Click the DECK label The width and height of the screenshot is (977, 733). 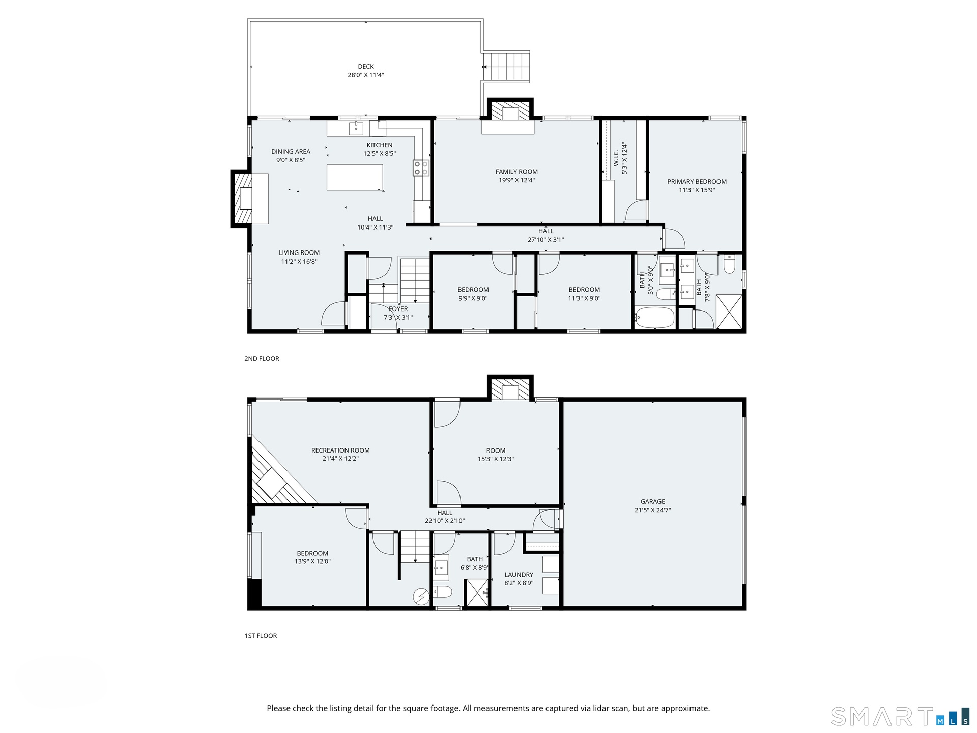(x=366, y=67)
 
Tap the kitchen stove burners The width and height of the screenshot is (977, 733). (x=421, y=168)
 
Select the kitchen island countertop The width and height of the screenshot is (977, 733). (x=355, y=177)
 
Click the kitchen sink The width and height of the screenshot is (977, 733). (x=356, y=129)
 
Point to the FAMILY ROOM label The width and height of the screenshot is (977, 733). (x=516, y=172)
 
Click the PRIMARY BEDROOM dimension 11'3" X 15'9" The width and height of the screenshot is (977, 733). (x=697, y=190)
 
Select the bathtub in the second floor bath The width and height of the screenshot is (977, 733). (x=654, y=317)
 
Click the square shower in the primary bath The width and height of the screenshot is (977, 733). (x=729, y=312)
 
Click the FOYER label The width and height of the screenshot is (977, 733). (x=398, y=309)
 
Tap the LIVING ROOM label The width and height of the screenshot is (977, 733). (x=299, y=252)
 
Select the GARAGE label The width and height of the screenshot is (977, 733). (x=653, y=501)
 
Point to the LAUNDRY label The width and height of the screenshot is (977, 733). (x=519, y=575)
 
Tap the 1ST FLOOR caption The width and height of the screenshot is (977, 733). (x=261, y=636)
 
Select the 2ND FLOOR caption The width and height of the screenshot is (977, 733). (x=262, y=359)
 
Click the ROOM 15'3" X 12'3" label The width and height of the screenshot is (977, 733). (x=496, y=455)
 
